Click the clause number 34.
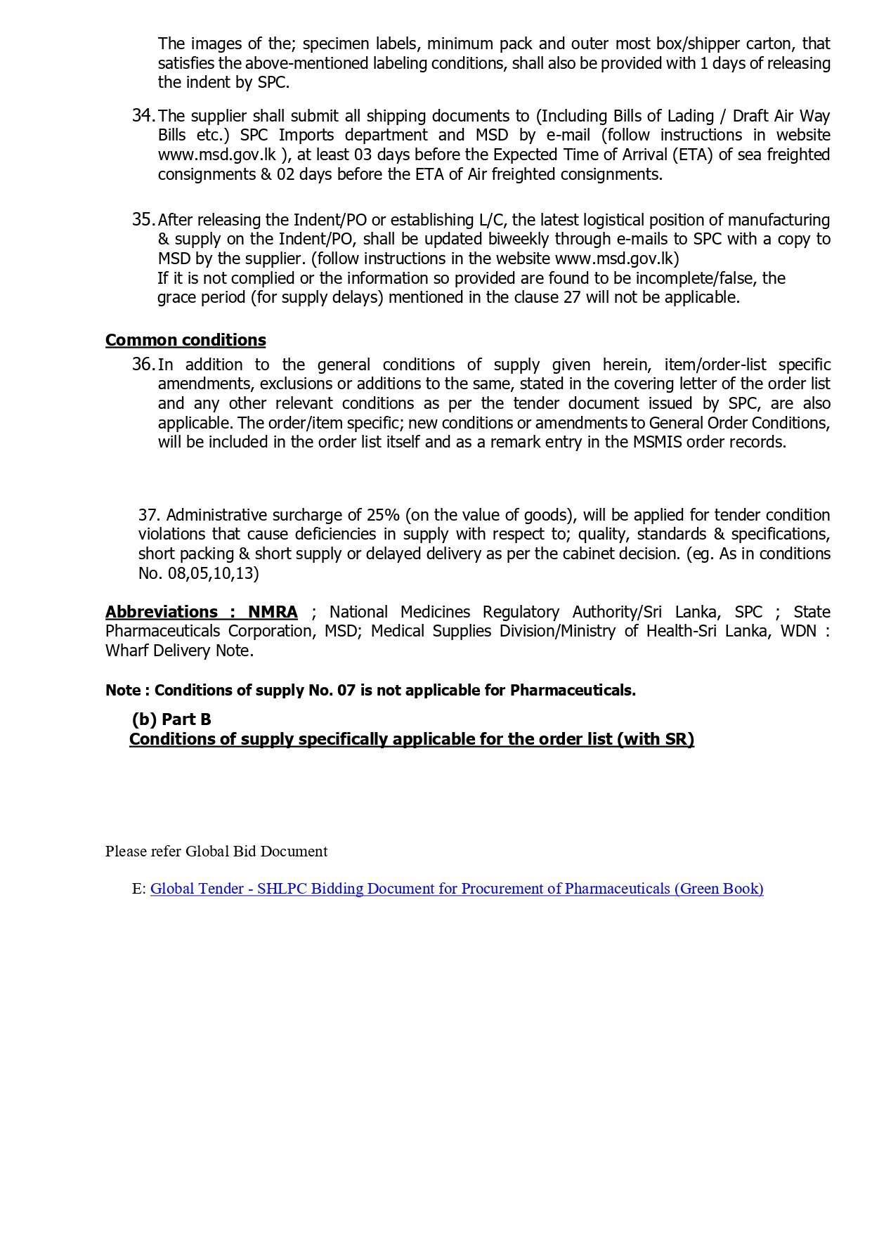143,116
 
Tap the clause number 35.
143,220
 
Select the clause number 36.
143,365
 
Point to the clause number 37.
149,515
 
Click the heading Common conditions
186,340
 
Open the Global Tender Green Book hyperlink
457,889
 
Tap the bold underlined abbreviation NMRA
273,612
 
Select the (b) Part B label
171,719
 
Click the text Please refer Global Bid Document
216,852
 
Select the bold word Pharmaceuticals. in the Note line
573,691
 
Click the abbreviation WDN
798,632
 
